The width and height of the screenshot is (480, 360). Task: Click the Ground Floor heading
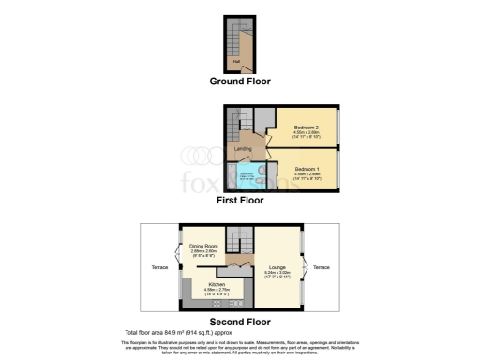point(239,82)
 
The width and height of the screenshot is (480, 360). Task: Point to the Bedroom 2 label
point(307,127)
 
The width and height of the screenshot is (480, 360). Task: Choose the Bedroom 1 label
point(307,170)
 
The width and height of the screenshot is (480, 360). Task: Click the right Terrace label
point(322,267)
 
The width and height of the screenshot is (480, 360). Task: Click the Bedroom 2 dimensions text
point(307,135)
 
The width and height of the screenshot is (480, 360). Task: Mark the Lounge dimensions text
point(277,276)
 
